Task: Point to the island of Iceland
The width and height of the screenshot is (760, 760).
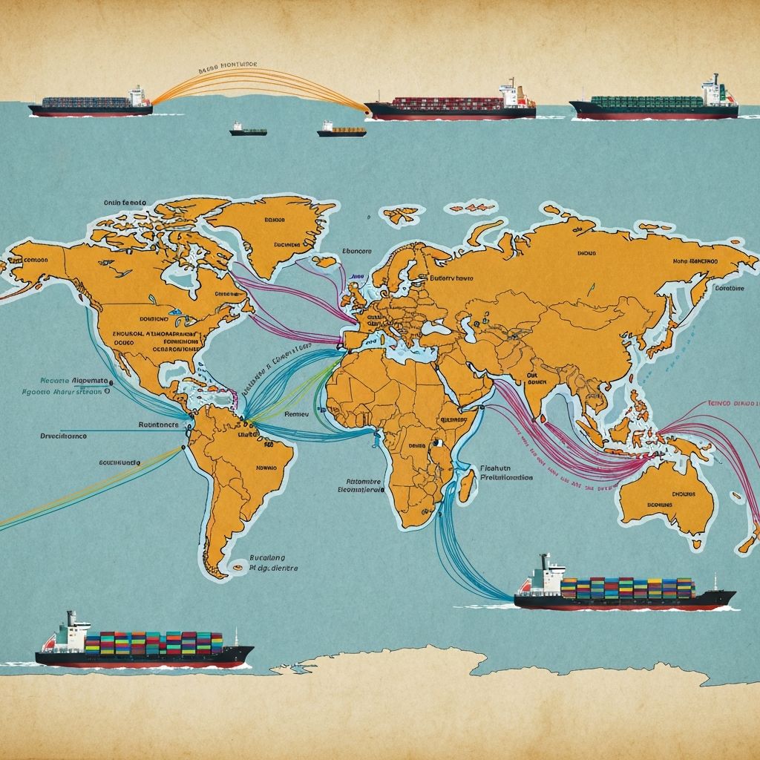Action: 325,261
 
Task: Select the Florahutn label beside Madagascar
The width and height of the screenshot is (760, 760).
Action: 482,468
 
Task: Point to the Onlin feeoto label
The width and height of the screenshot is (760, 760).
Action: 124,201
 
